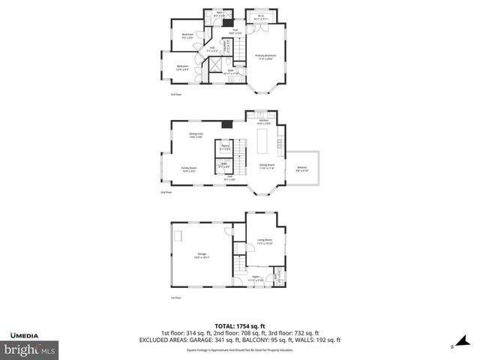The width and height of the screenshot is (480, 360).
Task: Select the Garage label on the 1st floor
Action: pyautogui.click(x=202, y=256)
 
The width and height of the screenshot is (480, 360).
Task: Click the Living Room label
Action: pyautogui.click(x=265, y=242)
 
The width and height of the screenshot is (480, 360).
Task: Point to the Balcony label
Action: pyautogui.click(x=301, y=169)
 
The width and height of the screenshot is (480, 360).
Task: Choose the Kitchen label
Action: pyautogui.click(x=264, y=122)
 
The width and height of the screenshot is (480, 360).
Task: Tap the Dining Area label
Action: pyautogui.click(x=196, y=135)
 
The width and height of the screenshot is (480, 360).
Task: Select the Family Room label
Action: pyautogui.click(x=189, y=169)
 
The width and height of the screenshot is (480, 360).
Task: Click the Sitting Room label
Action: pyautogui.click(x=267, y=166)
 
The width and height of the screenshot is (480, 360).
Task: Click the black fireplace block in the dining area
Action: pyautogui.click(x=225, y=124)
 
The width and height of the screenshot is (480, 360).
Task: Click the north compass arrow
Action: pyautogui.click(x=453, y=346)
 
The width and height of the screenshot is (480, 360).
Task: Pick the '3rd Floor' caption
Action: pyautogui.click(x=176, y=94)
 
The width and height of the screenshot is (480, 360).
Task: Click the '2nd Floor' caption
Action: pyautogui.click(x=166, y=193)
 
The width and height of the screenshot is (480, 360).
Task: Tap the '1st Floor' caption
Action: pyautogui.click(x=176, y=298)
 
